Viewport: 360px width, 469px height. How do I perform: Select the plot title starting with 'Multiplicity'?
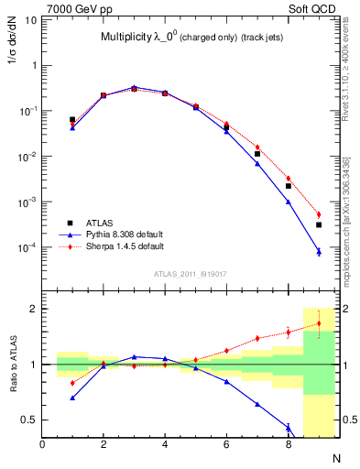point(191,38)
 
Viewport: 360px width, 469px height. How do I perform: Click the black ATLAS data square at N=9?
point(319,224)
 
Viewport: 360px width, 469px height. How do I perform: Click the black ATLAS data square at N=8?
point(288,186)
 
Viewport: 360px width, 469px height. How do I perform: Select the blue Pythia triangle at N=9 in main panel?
point(319,251)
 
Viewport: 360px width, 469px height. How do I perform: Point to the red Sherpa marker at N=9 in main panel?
point(319,214)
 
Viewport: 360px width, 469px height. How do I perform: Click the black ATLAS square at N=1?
point(72,119)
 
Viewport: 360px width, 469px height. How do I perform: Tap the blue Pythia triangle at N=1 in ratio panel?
point(72,398)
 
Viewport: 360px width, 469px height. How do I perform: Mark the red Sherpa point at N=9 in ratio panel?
point(319,323)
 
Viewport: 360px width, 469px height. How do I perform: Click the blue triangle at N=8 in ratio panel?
point(288,426)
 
